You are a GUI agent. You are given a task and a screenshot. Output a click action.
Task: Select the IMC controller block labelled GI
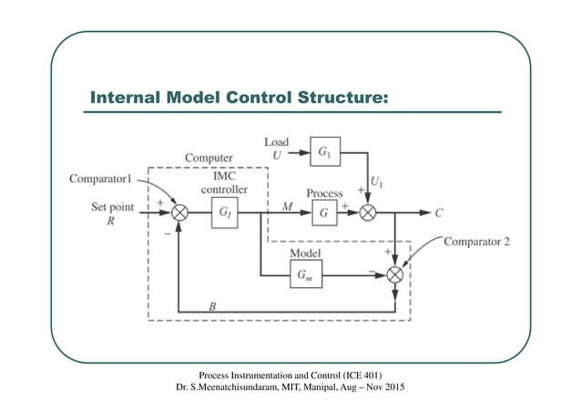click(225, 215)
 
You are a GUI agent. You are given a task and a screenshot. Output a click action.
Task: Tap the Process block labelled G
click(323, 215)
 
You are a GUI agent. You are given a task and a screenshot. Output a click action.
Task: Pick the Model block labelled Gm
click(305, 273)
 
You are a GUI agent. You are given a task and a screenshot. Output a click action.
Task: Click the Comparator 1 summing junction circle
click(180, 215)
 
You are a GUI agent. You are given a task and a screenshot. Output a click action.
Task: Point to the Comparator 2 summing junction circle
click(394, 273)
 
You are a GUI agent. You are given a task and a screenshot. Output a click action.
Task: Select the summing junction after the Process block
click(368, 215)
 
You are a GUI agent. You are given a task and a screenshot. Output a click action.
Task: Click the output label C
click(439, 214)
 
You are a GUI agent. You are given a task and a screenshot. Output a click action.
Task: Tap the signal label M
click(287, 207)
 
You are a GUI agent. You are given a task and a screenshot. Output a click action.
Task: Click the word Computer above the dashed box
click(209, 158)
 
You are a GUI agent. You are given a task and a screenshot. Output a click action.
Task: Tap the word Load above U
click(277, 141)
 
